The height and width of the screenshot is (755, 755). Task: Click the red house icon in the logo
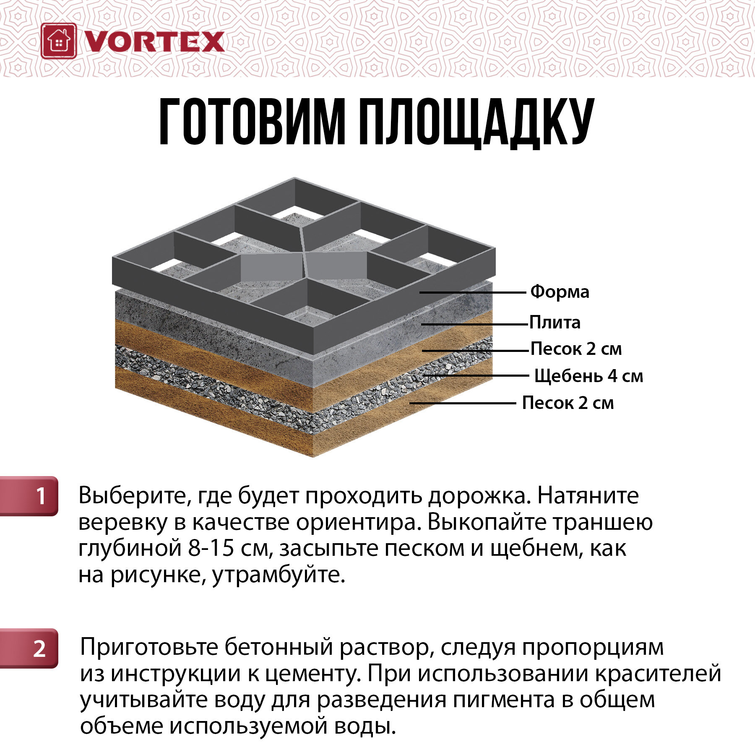pyautogui.click(x=59, y=41)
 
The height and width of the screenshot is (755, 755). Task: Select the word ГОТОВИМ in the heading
pyautogui.click(x=252, y=122)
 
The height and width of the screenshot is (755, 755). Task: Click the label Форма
pyautogui.click(x=560, y=292)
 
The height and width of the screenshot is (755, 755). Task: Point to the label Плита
pyautogui.click(x=555, y=323)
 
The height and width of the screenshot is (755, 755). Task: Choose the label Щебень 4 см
pyautogui.click(x=588, y=376)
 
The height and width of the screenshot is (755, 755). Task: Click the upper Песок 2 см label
pyautogui.click(x=576, y=349)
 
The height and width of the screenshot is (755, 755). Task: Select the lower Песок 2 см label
pyautogui.click(x=568, y=403)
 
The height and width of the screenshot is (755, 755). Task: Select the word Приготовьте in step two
pyautogui.click(x=149, y=648)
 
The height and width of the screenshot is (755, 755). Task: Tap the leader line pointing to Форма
pyautogui.click(x=473, y=292)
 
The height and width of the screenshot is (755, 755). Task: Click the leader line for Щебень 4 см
pyautogui.click(x=476, y=376)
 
